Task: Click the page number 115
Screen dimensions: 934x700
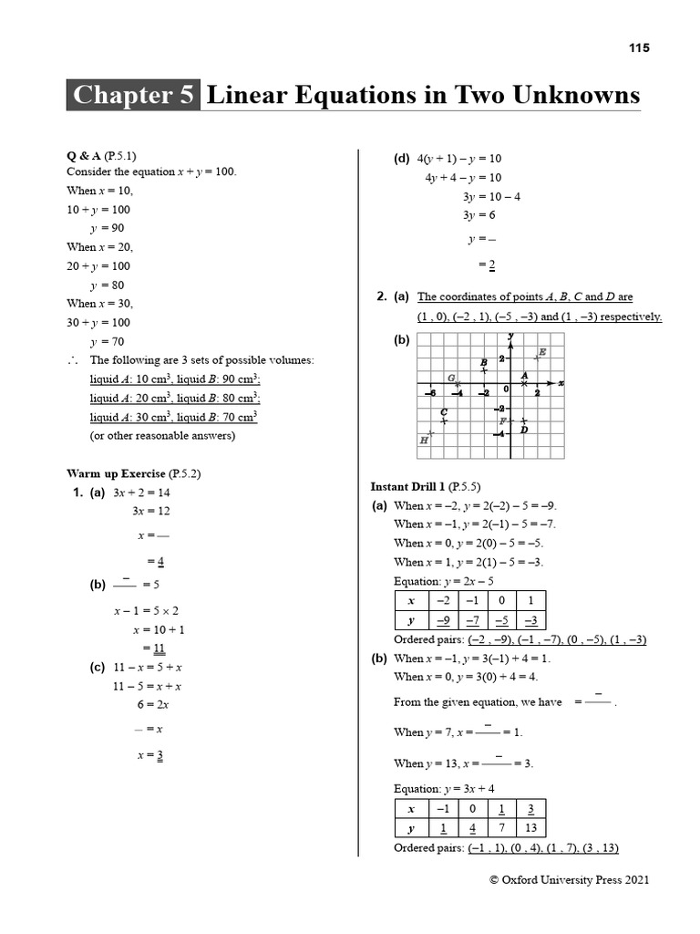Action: pos(639,48)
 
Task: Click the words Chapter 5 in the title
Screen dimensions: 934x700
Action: pos(133,96)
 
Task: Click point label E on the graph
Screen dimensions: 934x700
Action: pos(542,352)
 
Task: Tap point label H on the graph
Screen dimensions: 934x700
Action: pos(424,440)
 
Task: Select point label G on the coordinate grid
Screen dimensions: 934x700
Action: pos(450,378)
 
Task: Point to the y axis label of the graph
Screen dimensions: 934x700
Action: pos(511,337)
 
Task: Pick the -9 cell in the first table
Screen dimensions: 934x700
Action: pos(444,620)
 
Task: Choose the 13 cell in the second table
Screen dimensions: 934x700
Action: pos(530,828)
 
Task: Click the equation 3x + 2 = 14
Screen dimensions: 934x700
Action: pos(141,493)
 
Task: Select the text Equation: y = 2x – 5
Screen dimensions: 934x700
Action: pos(444,581)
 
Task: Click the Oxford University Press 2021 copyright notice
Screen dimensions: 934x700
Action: pos(570,880)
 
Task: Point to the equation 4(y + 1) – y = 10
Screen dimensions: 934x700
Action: pos(459,159)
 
